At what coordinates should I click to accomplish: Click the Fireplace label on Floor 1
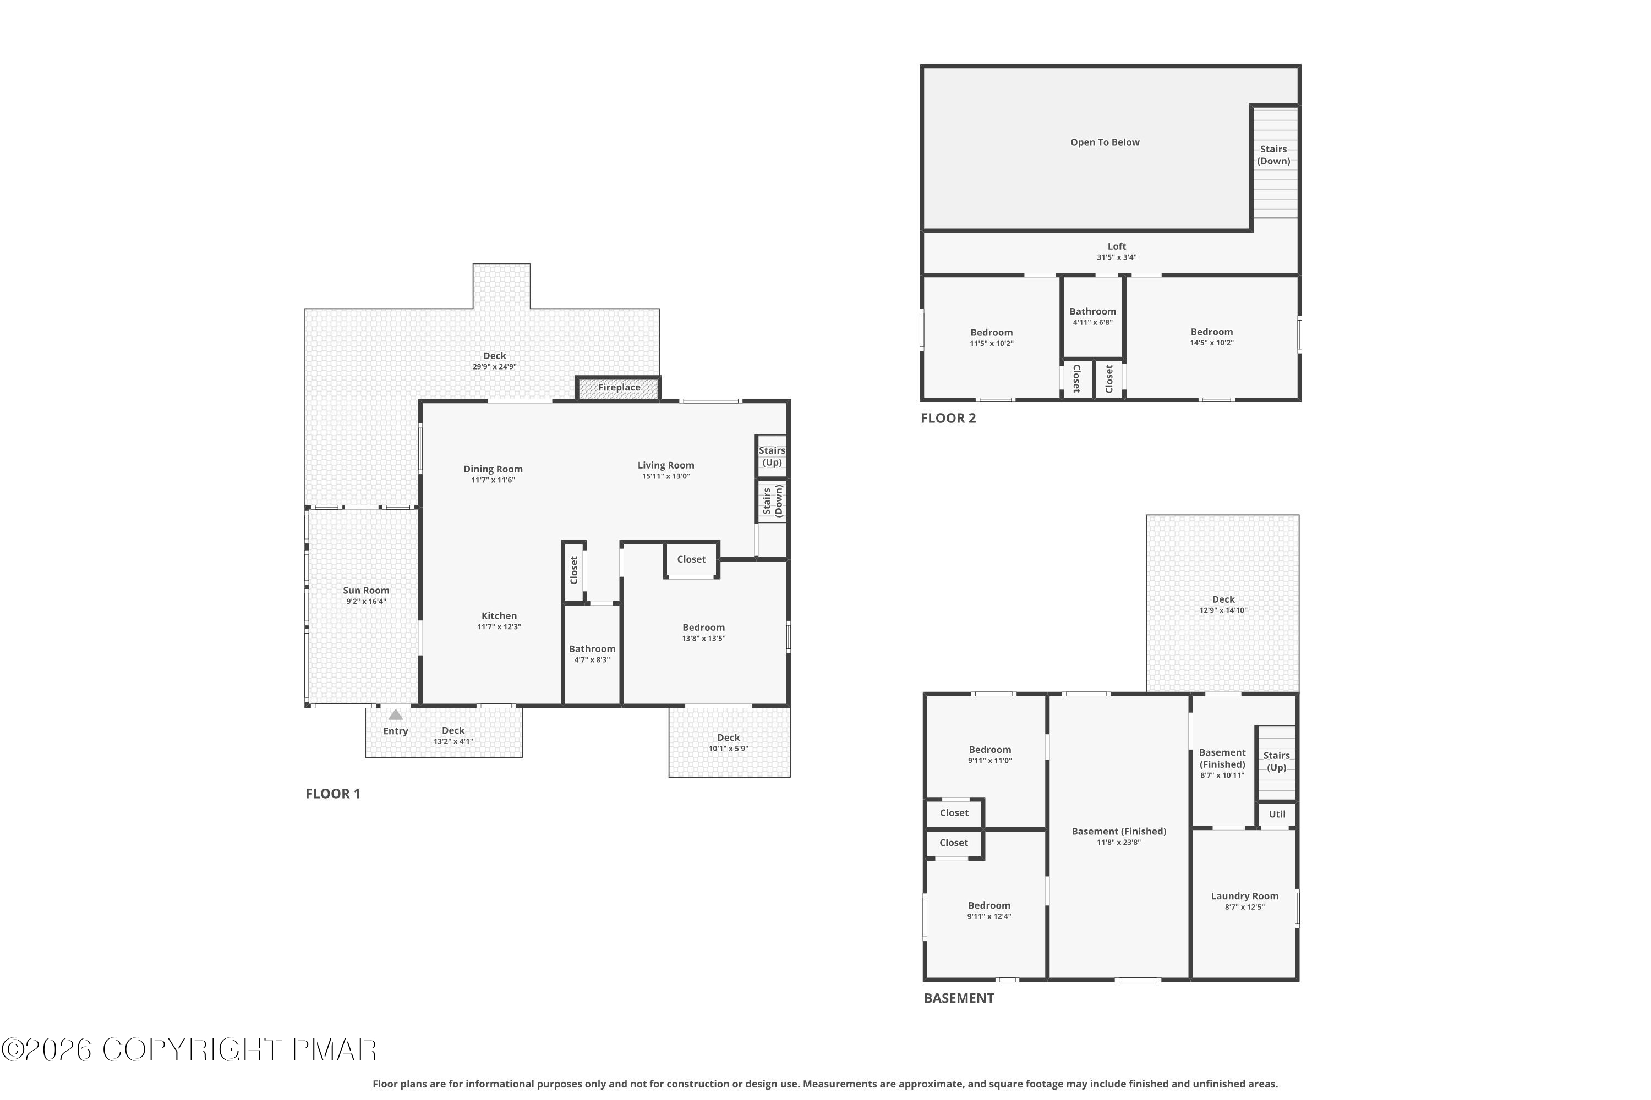pyautogui.click(x=619, y=387)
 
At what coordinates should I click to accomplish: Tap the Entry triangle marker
pyautogui.click(x=395, y=715)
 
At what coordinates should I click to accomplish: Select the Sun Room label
pyautogui.click(x=366, y=591)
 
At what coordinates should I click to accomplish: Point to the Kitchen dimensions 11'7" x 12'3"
pyautogui.click(x=499, y=627)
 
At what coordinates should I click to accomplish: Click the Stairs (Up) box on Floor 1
pyautogui.click(x=772, y=457)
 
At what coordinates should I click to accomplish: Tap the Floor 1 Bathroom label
pyautogui.click(x=592, y=649)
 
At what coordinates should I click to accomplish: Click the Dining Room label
pyautogui.click(x=493, y=469)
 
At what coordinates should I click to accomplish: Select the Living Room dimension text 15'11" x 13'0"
pyautogui.click(x=665, y=476)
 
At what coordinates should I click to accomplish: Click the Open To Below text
pyautogui.click(x=1104, y=142)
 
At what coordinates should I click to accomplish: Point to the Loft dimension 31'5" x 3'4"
pyautogui.click(x=1116, y=257)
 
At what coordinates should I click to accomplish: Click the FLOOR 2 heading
pyautogui.click(x=948, y=418)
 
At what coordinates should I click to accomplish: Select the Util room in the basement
pyautogui.click(x=1277, y=815)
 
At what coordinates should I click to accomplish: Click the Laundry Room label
pyautogui.click(x=1244, y=896)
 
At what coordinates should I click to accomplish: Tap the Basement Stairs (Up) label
pyautogui.click(x=1276, y=761)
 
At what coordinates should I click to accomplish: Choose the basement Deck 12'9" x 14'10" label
pyautogui.click(x=1223, y=604)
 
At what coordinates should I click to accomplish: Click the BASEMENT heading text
pyautogui.click(x=958, y=998)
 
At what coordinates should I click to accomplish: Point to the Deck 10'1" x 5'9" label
pyautogui.click(x=728, y=743)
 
